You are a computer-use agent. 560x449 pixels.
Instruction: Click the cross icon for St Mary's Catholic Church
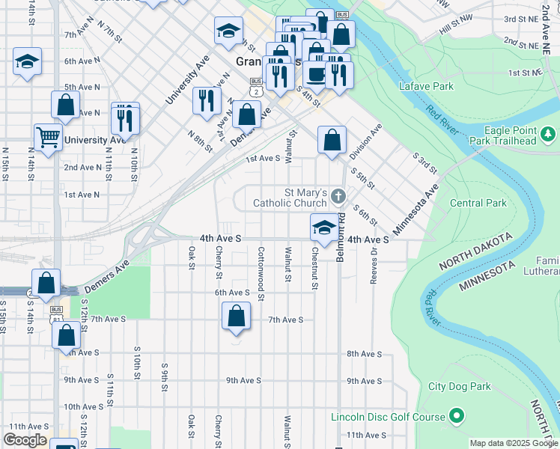pos(338,197)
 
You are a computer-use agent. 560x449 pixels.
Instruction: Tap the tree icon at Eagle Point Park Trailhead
pos(549,135)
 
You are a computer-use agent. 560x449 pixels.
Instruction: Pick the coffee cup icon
pos(315,75)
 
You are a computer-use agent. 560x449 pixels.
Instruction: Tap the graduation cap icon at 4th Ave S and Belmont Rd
pos(323,227)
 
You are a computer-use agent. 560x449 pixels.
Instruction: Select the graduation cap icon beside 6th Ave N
pos(27,61)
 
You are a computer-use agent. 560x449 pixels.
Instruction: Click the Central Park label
pos(478,203)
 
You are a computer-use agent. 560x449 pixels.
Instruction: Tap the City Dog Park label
pos(460,387)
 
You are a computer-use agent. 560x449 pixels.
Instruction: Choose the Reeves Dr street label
pos(372,266)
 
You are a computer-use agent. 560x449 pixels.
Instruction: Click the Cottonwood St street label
pos(261,273)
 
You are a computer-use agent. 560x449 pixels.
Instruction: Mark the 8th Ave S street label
pos(364,353)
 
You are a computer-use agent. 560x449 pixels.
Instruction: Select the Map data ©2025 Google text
pos(513,443)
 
